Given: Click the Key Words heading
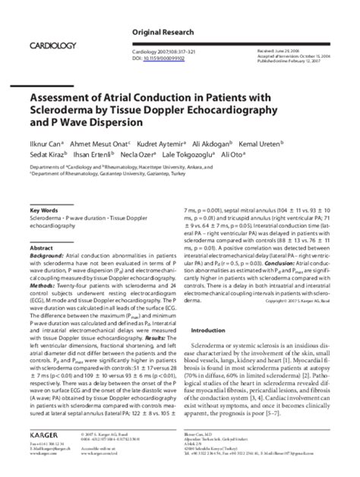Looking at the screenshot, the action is (x=44, y=208).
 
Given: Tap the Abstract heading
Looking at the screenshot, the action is (x=41, y=248).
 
